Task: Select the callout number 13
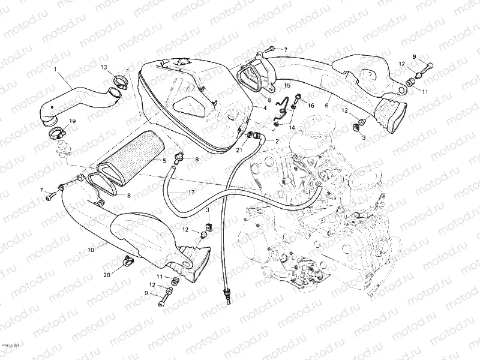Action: (x=104, y=67)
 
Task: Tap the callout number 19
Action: (x=73, y=121)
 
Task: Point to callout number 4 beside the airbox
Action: (x=263, y=108)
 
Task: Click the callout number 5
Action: (x=164, y=160)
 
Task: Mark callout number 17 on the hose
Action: (x=191, y=192)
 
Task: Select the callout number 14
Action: (x=292, y=128)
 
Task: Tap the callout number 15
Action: (x=287, y=86)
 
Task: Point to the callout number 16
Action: (x=311, y=106)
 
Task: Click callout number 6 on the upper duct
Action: (x=326, y=106)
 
